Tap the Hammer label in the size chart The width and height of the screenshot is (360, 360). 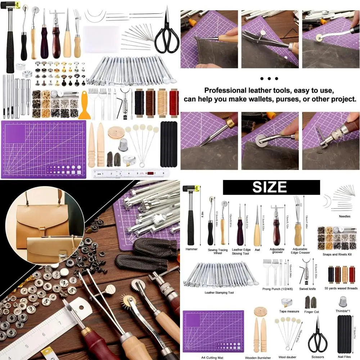coord(192,249)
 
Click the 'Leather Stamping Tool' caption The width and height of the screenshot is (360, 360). coord(219,292)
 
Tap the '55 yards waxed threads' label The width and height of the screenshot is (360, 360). coord(341,288)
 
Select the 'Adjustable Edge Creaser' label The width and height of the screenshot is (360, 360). coord(300,251)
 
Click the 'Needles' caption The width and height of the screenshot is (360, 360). coord(344,217)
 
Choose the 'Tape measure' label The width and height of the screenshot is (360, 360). coord(289,311)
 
